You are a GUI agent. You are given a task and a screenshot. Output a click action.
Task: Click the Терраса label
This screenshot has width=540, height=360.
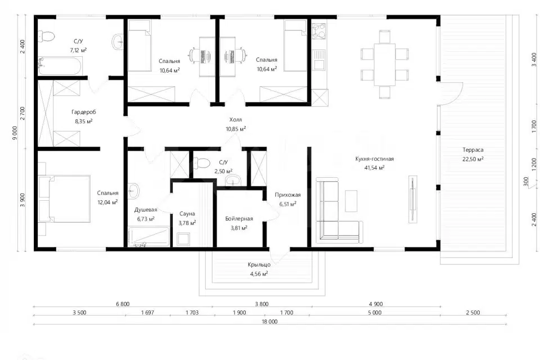tap(473, 150)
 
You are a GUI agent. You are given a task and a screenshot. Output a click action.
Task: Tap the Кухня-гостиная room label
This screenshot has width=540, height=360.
tap(375, 159)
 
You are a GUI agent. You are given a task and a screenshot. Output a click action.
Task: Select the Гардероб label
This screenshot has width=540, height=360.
tap(84, 112)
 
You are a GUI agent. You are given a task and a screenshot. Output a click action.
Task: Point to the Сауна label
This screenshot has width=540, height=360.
tap(187, 214)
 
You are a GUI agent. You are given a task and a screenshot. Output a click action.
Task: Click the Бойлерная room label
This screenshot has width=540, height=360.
tap(239, 219)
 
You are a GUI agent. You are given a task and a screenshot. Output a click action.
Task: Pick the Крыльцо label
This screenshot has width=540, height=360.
tap(259, 265)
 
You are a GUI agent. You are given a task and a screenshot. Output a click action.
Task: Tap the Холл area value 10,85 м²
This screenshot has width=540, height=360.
tap(236, 129)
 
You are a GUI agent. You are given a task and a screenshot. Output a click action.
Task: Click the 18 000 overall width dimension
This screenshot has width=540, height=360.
tap(269, 322)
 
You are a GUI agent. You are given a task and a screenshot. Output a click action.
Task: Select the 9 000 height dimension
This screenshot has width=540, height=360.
tap(15, 133)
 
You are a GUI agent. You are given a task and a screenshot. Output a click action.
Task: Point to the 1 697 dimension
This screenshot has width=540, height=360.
tap(148, 313)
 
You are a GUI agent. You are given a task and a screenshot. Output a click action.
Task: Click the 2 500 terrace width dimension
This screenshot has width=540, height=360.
tap(473, 313)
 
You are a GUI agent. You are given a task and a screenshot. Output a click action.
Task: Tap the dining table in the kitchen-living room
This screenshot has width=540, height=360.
tap(385, 65)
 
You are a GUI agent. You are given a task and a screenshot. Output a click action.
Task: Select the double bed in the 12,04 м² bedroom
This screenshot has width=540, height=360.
tap(65, 199)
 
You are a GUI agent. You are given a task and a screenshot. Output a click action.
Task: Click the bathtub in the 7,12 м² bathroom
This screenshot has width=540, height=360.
tap(60, 66)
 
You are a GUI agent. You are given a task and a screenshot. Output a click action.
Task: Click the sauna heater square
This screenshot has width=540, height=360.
tap(183, 239)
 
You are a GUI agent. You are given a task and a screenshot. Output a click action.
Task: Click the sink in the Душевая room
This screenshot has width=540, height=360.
tap(134, 190)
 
